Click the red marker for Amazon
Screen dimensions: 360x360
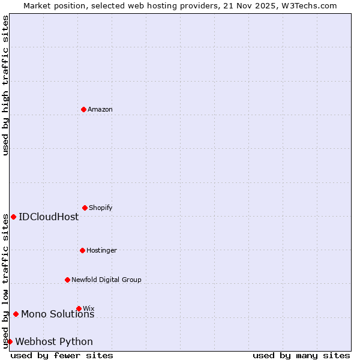tap(83, 109)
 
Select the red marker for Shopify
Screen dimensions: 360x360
tap(85, 208)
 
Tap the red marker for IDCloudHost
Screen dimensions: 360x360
tap(13, 217)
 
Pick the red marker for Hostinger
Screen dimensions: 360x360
tap(82, 250)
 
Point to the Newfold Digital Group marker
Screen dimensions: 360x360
tap(67, 280)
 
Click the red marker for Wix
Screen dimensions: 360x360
tap(79, 308)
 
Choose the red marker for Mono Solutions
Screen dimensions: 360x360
tap(16, 314)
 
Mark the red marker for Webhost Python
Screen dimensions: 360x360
tap(10, 341)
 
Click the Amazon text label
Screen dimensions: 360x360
tap(100, 109)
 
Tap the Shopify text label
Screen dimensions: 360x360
tap(101, 208)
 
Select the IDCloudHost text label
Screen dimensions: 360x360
tap(49, 217)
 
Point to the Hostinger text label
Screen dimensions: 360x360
tap(101, 250)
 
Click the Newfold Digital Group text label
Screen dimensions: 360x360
tap(106, 280)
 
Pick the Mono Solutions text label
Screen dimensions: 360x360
tap(58, 314)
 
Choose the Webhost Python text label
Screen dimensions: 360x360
tap(54, 342)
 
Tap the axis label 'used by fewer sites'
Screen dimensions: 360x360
tap(62, 355)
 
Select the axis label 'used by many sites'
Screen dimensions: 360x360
tap(301, 355)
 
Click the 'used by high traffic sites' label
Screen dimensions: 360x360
tap(5, 85)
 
